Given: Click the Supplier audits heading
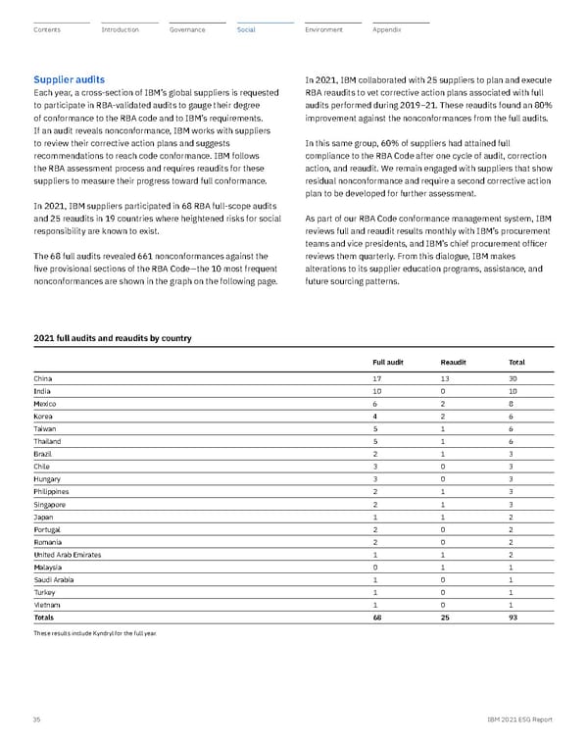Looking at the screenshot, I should (70, 78).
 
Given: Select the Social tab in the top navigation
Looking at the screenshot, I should (246, 30).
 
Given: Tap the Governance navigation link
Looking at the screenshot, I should (186, 30).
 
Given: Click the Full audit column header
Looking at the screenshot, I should (388, 362).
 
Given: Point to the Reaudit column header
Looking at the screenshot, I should (453, 362).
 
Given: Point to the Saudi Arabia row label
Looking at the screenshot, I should (54, 581).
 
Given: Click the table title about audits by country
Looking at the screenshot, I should (113, 338).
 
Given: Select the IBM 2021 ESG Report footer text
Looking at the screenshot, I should (520, 719).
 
